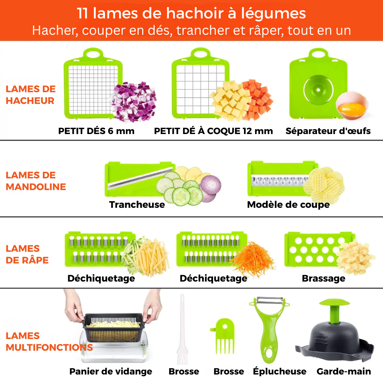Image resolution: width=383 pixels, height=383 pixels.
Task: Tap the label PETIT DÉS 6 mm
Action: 96,131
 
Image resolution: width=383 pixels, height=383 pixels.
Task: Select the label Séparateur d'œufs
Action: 328,131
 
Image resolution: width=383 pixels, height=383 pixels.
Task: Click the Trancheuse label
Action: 137,205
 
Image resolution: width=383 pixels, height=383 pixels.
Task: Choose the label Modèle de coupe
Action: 288,205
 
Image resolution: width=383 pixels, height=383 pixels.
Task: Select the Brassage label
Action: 323,278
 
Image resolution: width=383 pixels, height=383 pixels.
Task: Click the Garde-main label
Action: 344,371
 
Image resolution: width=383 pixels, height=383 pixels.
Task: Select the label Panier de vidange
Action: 111,371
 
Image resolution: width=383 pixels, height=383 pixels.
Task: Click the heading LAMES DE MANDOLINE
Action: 36,181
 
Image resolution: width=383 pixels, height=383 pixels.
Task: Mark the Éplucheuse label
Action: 279,371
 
